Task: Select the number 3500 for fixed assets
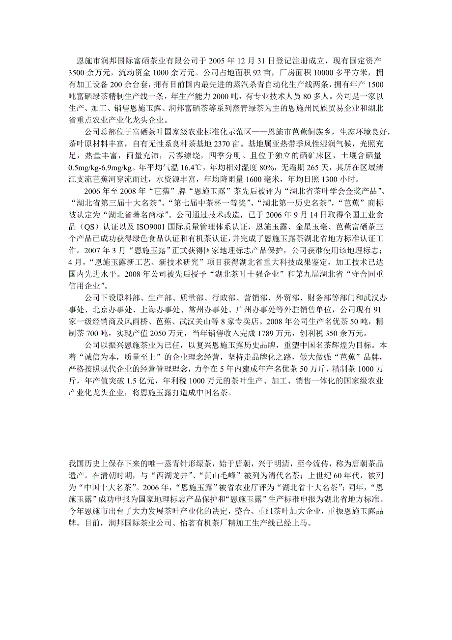77,73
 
